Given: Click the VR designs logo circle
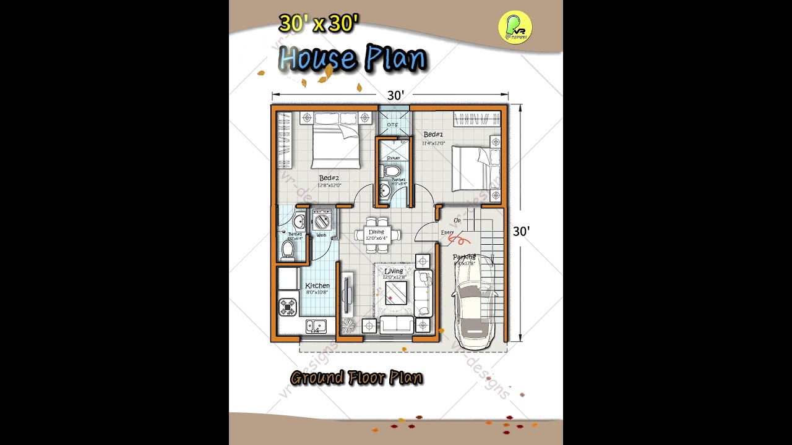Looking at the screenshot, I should click(515, 27).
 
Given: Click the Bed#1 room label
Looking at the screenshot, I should click(433, 135).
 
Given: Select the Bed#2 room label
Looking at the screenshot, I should click(330, 178).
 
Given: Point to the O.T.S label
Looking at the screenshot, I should click(393, 125).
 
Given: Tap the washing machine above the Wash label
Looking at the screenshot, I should click(322, 221).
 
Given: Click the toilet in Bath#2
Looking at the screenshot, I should click(288, 249).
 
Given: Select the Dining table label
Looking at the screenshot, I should click(376, 232).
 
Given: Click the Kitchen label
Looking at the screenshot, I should click(317, 286).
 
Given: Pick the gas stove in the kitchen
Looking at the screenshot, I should click(288, 306).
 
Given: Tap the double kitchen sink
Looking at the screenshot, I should click(316, 326).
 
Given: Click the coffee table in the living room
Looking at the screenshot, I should click(396, 292).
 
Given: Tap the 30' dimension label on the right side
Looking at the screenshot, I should click(521, 231).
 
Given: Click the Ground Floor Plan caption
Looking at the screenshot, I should click(356, 378).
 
